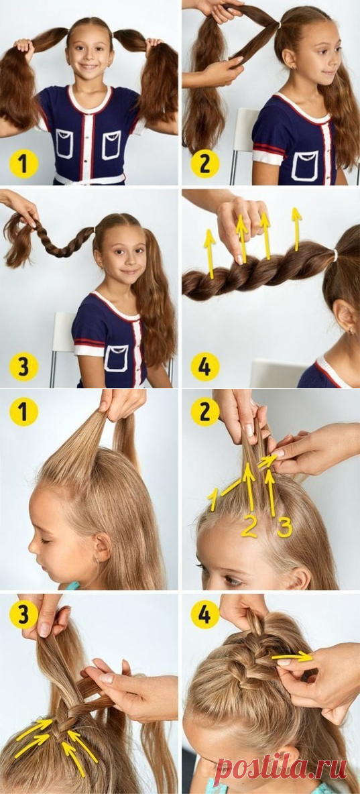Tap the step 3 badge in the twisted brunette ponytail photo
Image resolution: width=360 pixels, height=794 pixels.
pyautogui.click(x=23, y=367)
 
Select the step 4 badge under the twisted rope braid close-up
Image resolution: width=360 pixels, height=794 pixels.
pyautogui.click(x=205, y=367)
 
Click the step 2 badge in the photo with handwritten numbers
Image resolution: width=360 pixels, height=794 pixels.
pyautogui.click(x=205, y=412)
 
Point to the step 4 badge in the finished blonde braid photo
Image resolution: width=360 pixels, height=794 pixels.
pyautogui.click(x=205, y=614)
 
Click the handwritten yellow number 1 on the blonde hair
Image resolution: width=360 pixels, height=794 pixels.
pyautogui.click(x=213, y=500)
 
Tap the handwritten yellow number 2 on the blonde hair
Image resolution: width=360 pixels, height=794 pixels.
pyautogui.click(x=249, y=526)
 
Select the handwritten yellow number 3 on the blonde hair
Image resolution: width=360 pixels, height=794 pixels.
pyautogui.click(x=284, y=528)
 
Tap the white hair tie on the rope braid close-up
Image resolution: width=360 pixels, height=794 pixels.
pyautogui.click(x=335, y=256)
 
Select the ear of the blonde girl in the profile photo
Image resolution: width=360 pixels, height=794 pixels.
pyautogui.click(x=101, y=549)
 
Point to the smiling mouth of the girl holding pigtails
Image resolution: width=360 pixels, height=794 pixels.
pyautogui.click(x=89, y=66)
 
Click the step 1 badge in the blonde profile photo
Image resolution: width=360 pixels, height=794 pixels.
pyautogui.click(x=23, y=412)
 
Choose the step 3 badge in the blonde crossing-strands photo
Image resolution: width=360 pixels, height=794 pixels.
pyautogui.click(x=23, y=614)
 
